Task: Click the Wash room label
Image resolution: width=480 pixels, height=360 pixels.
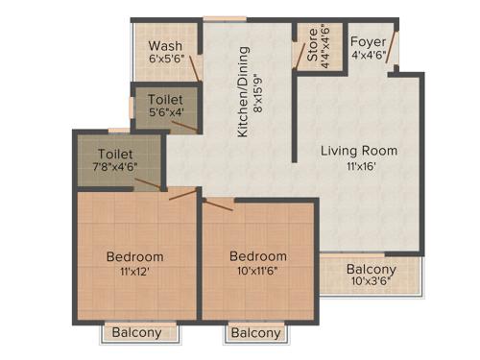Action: (x=164, y=45)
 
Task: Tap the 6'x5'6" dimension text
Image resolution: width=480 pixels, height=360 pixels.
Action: (x=164, y=60)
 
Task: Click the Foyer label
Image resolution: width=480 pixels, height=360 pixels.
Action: (x=367, y=42)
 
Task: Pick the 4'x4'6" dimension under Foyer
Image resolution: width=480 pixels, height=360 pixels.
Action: (x=367, y=56)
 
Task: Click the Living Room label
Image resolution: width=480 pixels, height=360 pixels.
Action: (x=359, y=151)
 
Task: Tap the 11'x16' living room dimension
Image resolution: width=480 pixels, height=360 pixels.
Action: (x=359, y=166)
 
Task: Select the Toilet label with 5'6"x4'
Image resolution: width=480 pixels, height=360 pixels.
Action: (x=166, y=99)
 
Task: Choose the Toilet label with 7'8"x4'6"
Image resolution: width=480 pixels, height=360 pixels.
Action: (x=115, y=153)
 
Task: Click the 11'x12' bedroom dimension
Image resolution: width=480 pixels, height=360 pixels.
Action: (x=134, y=273)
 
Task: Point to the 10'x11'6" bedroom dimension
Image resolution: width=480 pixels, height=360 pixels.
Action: (x=257, y=273)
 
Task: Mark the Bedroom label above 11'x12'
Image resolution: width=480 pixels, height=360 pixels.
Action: (x=134, y=257)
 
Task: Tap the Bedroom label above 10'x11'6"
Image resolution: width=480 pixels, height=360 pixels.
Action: (x=257, y=257)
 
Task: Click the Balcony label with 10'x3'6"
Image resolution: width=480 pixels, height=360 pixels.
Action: (x=371, y=270)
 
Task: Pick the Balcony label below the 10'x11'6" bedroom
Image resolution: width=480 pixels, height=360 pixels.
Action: (x=256, y=333)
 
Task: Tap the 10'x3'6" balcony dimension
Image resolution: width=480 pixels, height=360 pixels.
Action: (x=371, y=284)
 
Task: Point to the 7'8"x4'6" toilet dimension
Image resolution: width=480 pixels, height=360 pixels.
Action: (x=115, y=167)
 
